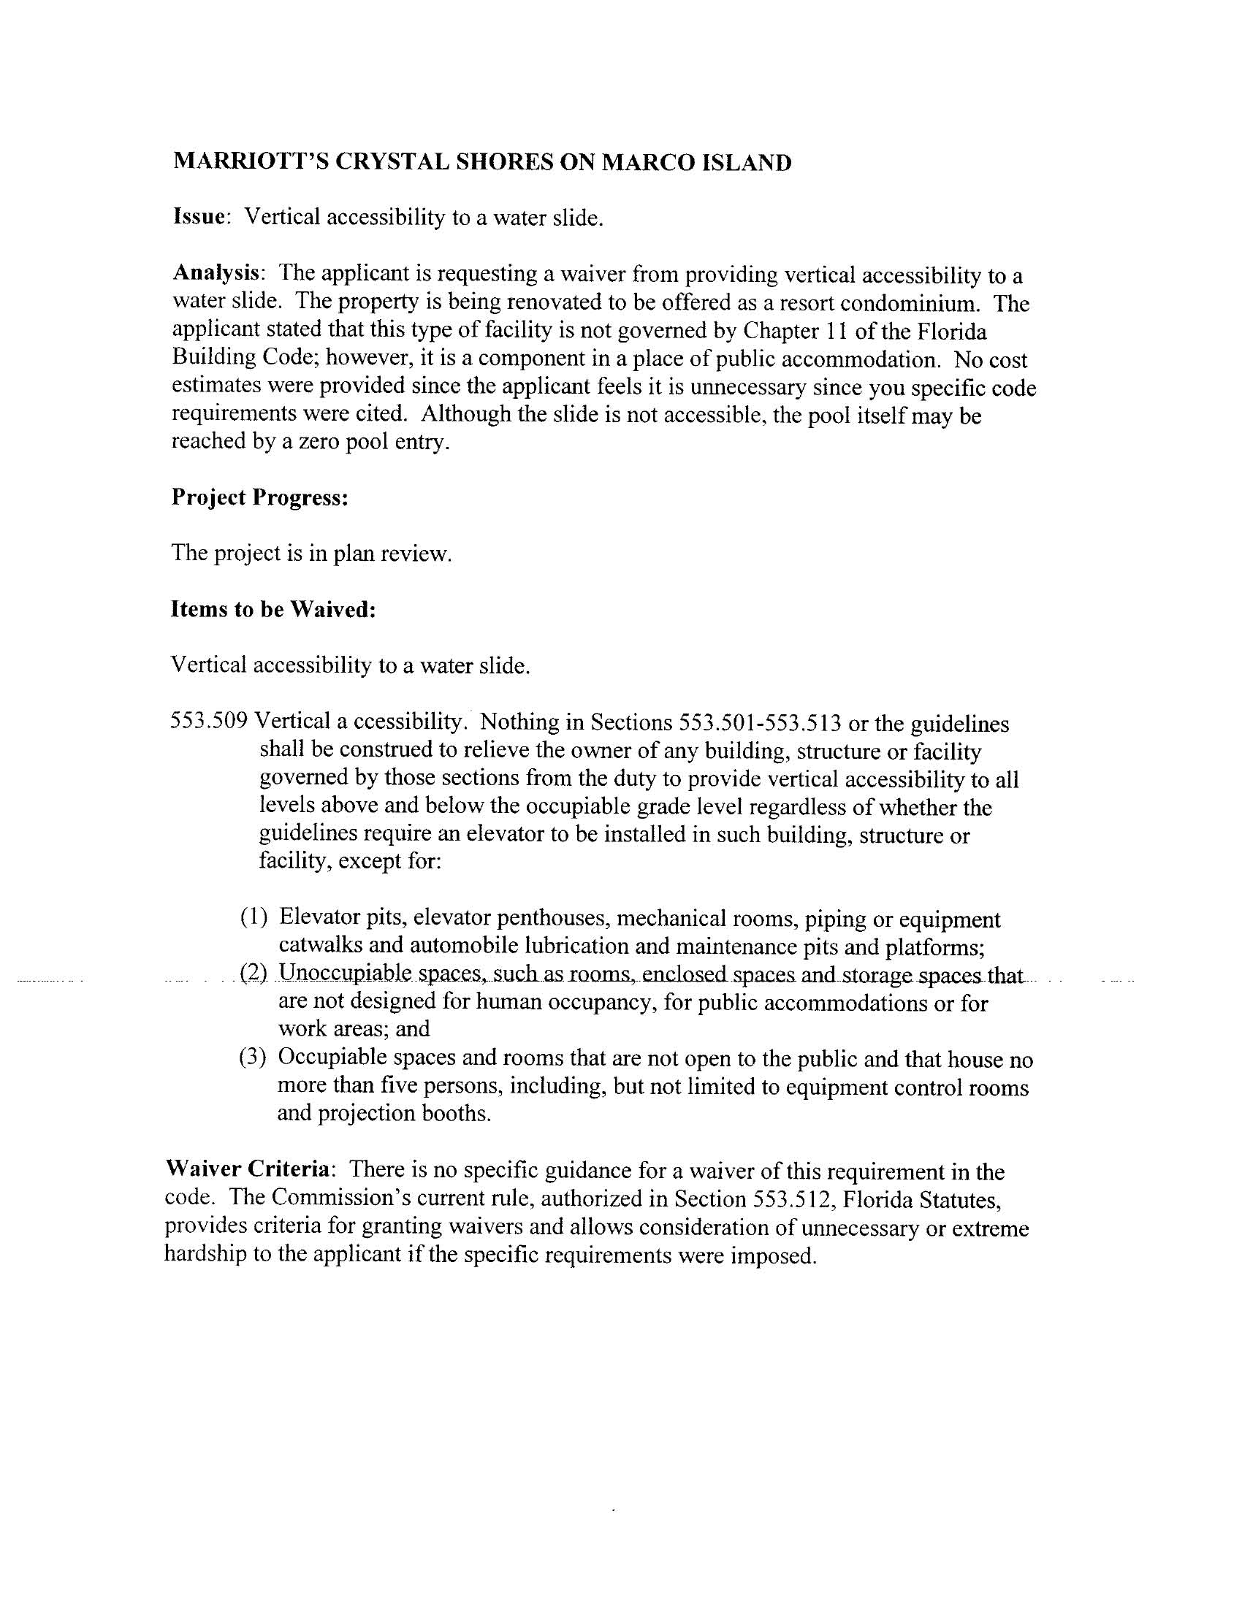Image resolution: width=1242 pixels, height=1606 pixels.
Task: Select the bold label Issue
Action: tap(199, 217)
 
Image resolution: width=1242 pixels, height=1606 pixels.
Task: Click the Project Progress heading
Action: tap(259, 498)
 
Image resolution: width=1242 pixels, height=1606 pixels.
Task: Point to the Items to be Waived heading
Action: tap(273, 610)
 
